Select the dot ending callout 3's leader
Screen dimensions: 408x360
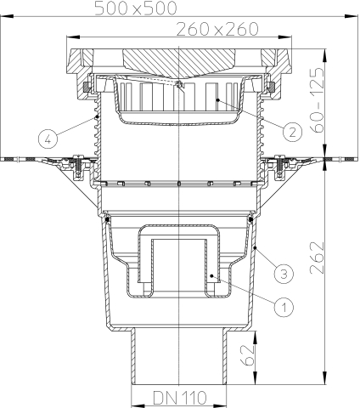click(x=255, y=247)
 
